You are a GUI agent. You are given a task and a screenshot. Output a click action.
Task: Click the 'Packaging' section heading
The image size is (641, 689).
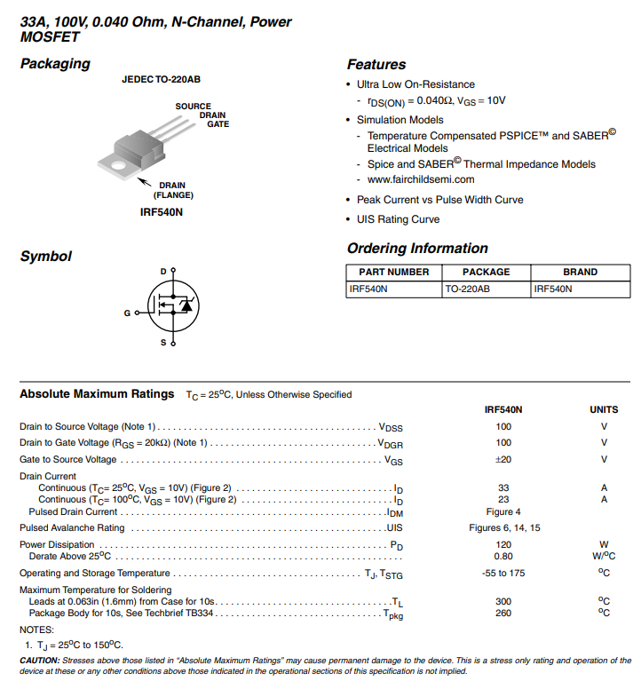coord(55,64)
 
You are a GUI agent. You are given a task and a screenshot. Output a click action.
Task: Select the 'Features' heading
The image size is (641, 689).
coord(376,65)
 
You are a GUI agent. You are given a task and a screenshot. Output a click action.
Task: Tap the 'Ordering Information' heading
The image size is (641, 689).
coord(417,249)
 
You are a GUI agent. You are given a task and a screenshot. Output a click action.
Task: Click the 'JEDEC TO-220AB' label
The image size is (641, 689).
coord(161,80)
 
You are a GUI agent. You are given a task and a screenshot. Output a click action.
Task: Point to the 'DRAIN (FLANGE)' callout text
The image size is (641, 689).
coord(173,190)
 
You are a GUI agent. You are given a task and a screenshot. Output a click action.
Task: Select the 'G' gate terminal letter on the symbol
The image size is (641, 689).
coord(127,313)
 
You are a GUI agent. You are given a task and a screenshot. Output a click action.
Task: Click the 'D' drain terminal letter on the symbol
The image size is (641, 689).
coord(163,271)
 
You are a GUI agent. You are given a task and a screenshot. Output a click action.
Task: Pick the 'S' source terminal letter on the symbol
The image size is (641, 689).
coord(163,343)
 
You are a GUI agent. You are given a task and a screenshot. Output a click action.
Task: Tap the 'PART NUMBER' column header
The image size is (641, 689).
coord(393,272)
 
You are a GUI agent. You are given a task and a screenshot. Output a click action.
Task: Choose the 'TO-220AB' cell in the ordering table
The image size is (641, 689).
coord(467,289)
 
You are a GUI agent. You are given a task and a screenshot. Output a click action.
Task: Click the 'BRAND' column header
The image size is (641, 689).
coord(581,272)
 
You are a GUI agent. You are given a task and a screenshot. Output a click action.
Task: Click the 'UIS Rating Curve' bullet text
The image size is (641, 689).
coord(398,219)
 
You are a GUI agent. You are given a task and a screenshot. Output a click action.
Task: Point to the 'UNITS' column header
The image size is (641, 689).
coord(604,410)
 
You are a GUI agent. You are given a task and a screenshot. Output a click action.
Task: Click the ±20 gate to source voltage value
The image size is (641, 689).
coord(503,459)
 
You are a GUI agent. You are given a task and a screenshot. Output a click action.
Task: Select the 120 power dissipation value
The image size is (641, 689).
coord(503,544)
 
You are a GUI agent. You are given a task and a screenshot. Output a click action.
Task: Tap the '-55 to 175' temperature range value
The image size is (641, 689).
coord(503,573)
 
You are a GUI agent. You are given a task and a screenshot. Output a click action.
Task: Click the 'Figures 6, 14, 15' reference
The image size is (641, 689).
coord(503,528)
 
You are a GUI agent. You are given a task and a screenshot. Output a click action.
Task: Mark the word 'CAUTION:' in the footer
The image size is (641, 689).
coord(40,661)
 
